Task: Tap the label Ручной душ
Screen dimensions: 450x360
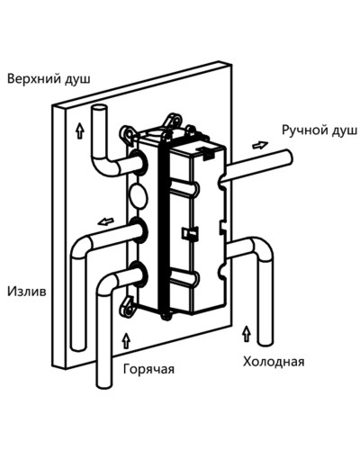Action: (319, 130)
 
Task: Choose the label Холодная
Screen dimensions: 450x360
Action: (273, 362)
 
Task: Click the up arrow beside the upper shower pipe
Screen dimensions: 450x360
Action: (80, 131)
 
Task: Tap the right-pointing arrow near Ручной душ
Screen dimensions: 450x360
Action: (259, 144)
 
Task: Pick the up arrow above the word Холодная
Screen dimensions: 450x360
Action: (244, 335)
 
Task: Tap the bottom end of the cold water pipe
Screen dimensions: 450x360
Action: (266, 343)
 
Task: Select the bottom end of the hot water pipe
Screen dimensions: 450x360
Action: (104, 385)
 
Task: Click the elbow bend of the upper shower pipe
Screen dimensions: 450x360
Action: (102, 167)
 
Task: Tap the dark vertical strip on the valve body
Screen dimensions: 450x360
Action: (163, 216)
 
